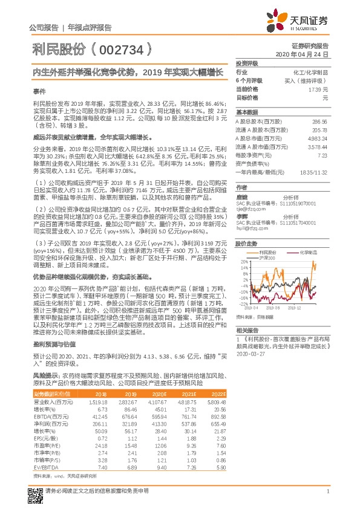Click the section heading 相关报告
248,331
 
